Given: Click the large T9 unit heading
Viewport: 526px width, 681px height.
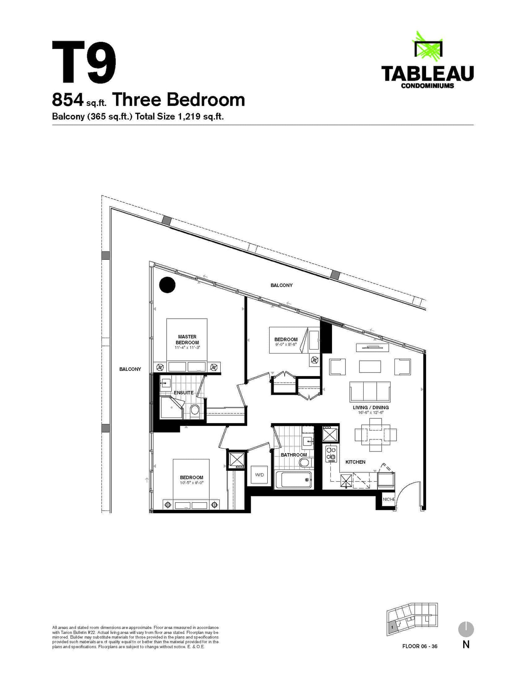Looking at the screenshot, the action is point(84,62).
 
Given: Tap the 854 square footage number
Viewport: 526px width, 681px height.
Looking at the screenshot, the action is point(68,100).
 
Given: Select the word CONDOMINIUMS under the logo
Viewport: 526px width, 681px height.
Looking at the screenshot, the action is point(427,86).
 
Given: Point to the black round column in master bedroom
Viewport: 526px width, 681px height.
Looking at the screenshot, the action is point(167,285).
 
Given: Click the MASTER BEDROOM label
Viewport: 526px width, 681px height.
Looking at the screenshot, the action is point(187,339).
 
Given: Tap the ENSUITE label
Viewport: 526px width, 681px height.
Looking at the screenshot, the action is point(183,393).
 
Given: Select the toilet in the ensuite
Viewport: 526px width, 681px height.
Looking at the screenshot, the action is point(195,410).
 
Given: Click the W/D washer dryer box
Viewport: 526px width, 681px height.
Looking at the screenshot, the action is point(259,475).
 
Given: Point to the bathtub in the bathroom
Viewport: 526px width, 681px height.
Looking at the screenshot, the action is point(293,480).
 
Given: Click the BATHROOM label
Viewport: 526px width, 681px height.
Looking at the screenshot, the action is point(294,455).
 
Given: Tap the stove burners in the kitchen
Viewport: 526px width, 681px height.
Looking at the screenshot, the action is point(331,453).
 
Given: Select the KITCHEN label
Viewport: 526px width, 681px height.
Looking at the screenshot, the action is point(355,462).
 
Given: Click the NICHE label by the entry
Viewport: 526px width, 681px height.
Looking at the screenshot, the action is point(389,499).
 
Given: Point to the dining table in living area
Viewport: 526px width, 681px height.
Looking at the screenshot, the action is point(375,435).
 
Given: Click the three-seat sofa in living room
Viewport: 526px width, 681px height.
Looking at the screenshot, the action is point(370,392).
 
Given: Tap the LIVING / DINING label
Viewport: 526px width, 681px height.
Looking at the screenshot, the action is point(371,407).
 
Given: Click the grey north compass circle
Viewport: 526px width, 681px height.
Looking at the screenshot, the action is point(466,630).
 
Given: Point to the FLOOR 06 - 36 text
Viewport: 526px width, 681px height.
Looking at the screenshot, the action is point(420,646).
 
